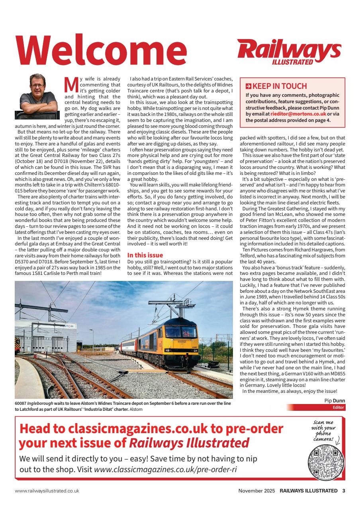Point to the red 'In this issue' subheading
pos(145,255)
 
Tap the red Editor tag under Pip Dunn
pos(335,407)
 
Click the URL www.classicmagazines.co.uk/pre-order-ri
pos(165,469)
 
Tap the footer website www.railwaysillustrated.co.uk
pos(47,491)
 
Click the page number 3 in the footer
pos(344,491)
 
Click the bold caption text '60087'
pos(20,403)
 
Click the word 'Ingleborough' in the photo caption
pos(41,403)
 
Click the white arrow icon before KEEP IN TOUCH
pos(248,86)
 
